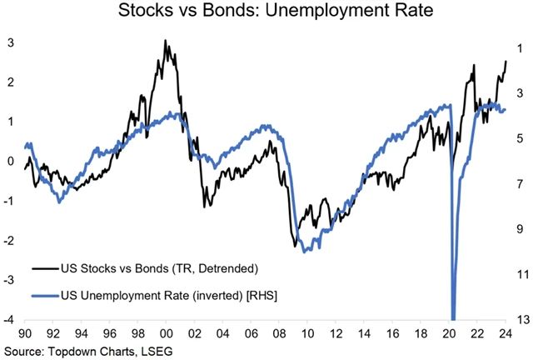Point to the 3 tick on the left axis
pyautogui.click(x=10, y=42)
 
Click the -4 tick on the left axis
pyautogui.click(x=7, y=320)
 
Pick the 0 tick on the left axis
pyautogui.click(x=10, y=162)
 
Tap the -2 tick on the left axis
pyautogui.click(x=7, y=241)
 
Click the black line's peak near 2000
pyautogui.click(x=165, y=40)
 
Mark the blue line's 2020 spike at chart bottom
pyautogui.click(x=453, y=317)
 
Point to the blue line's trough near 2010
pyautogui.click(x=306, y=250)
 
